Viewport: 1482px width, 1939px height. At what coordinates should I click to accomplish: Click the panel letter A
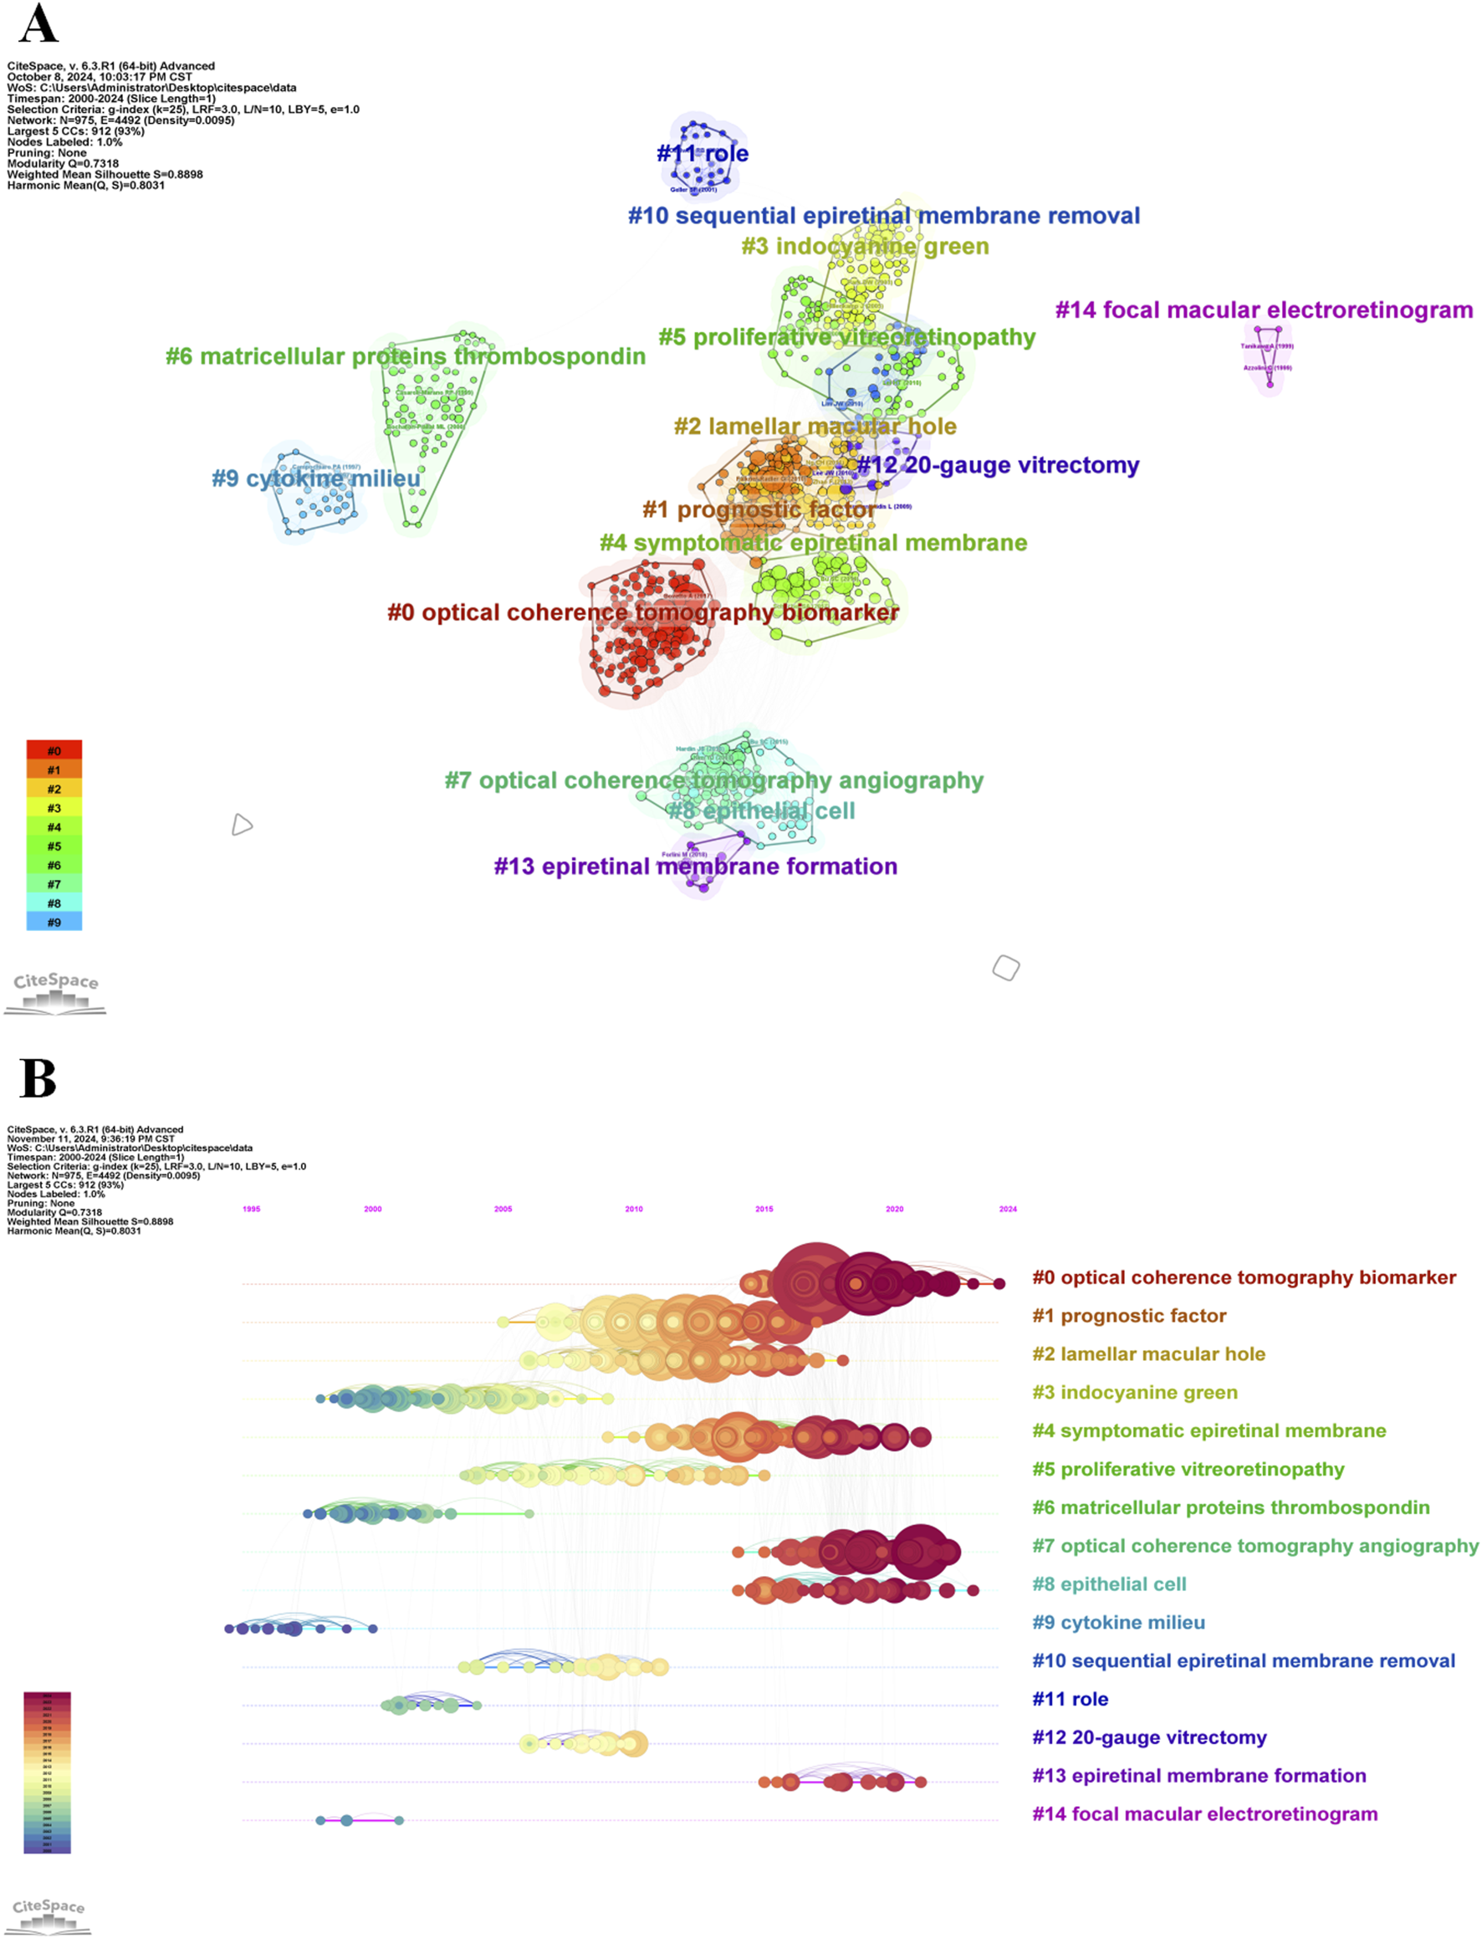(x=38, y=25)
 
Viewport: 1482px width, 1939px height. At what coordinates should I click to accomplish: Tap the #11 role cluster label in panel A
(x=703, y=153)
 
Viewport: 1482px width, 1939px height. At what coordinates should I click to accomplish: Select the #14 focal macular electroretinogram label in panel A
(x=1263, y=310)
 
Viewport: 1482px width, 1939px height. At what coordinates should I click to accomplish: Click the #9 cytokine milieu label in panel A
(x=316, y=479)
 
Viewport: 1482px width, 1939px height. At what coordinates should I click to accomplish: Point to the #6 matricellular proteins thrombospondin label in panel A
(x=405, y=356)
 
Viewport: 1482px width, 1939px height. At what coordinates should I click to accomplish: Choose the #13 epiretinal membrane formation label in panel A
(x=695, y=867)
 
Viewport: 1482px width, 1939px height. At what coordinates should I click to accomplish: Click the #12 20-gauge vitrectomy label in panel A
(x=998, y=465)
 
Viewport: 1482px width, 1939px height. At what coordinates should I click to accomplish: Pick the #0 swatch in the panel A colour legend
(x=54, y=750)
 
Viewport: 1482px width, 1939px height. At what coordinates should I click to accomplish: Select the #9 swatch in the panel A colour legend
(x=54, y=922)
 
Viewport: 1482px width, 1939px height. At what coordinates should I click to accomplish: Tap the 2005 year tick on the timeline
(x=503, y=1209)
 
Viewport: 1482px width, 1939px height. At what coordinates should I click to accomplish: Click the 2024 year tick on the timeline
(x=1008, y=1209)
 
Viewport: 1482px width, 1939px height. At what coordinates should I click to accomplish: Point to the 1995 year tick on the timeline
(x=252, y=1209)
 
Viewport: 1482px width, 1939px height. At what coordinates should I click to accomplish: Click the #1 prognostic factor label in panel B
(x=1129, y=1315)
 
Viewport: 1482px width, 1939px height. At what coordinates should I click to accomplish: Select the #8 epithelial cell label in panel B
(x=1109, y=1583)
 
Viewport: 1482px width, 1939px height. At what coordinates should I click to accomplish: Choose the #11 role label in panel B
(x=1070, y=1698)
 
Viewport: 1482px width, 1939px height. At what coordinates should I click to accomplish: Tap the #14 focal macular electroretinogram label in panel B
(x=1204, y=1814)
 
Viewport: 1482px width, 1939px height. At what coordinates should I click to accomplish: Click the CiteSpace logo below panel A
(x=55, y=991)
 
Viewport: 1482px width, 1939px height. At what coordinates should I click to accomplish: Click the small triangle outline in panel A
(x=241, y=825)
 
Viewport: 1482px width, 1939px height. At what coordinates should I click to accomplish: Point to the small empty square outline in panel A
(x=1005, y=968)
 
